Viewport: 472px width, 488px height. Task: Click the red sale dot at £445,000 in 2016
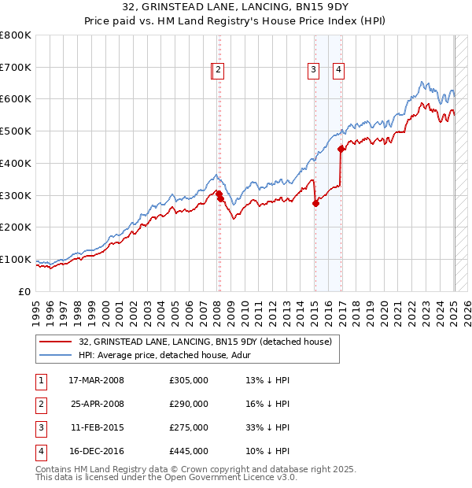341,149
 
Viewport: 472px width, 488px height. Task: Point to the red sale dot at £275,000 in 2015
315,203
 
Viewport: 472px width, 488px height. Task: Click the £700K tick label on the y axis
16,68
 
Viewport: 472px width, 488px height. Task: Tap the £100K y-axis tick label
16,259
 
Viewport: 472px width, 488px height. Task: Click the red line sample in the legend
55,342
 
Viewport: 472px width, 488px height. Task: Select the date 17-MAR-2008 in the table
98,380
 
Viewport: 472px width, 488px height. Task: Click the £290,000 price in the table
189,404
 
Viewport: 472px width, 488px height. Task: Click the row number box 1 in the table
40,380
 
